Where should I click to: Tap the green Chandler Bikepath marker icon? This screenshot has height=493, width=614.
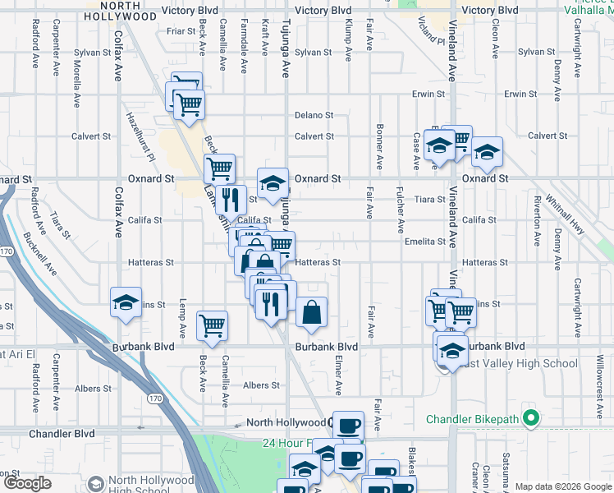[531, 420]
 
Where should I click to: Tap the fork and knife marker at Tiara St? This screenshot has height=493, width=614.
[231, 199]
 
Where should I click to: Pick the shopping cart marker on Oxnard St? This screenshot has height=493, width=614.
[219, 168]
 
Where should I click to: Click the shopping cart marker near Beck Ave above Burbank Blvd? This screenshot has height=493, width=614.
[212, 325]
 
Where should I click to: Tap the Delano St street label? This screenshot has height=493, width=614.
[314, 116]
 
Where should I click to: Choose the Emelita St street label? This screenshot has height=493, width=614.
[424, 242]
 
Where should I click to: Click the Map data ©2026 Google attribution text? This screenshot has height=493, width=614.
[563, 486]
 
